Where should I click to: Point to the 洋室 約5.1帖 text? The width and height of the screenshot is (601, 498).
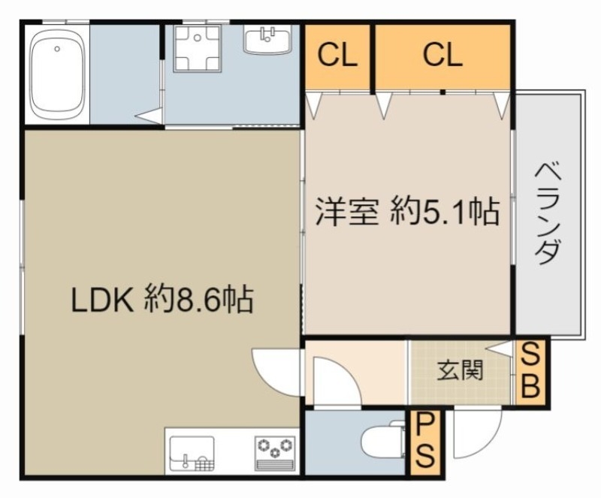click(406, 212)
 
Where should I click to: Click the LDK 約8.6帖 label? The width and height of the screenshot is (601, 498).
click(162, 300)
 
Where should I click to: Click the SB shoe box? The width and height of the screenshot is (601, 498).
click(531, 371)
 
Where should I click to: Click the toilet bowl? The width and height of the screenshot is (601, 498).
click(382, 442)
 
